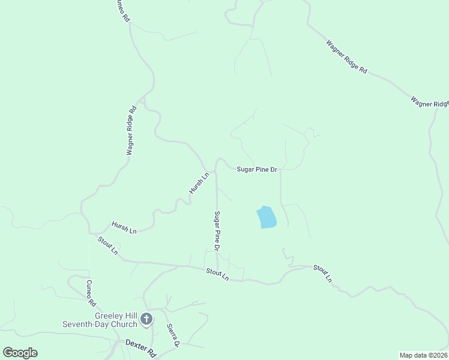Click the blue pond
(x=267, y=217)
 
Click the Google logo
(x=20, y=353)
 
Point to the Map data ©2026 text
(x=423, y=355)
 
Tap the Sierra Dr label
(x=173, y=336)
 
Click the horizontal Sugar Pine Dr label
(x=256, y=170)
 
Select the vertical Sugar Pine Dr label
(x=218, y=231)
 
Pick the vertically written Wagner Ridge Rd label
(x=131, y=131)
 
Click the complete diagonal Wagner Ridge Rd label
(x=346, y=56)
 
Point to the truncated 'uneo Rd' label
(x=121, y=11)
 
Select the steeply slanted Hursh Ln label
(x=199, y=183)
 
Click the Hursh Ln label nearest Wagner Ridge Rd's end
(x=124, y=227)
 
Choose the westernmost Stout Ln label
(x=107, y=245)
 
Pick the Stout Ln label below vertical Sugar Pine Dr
(x=217, y=274)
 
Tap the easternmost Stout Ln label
(x=322, y=273)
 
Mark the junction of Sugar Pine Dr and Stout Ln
(x=217, y=269)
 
